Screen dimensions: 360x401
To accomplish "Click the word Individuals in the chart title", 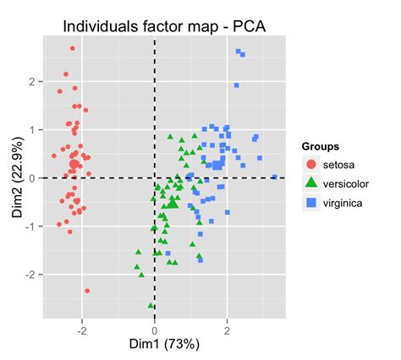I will (x=103, y=27).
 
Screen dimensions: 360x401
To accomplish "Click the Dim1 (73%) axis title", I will (x=154, y=346).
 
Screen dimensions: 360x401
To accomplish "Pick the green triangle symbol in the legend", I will (x=311, y=183).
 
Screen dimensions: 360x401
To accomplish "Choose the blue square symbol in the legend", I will (x=311, y=203).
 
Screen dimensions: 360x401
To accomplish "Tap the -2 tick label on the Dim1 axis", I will (x=81, y=330).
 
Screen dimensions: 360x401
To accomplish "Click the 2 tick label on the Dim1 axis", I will (x=227, y=330).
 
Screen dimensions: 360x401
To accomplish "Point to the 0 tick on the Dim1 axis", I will (x=154, y=330).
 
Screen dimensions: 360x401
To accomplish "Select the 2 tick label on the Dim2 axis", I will (x=32, y=82).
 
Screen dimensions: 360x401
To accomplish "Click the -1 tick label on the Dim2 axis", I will (x=30, y=226).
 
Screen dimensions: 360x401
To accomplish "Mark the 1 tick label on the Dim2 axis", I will (x=32, y=130).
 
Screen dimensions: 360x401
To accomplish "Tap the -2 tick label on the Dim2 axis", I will (x=30, y=275).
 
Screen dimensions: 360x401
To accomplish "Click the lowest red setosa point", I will (x=87, y=291).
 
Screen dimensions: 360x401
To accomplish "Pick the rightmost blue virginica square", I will (x=275, y=177).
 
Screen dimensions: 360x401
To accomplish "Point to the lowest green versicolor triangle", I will (x=151, y=306).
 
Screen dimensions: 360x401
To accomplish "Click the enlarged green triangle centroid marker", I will (x=172, y=202).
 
